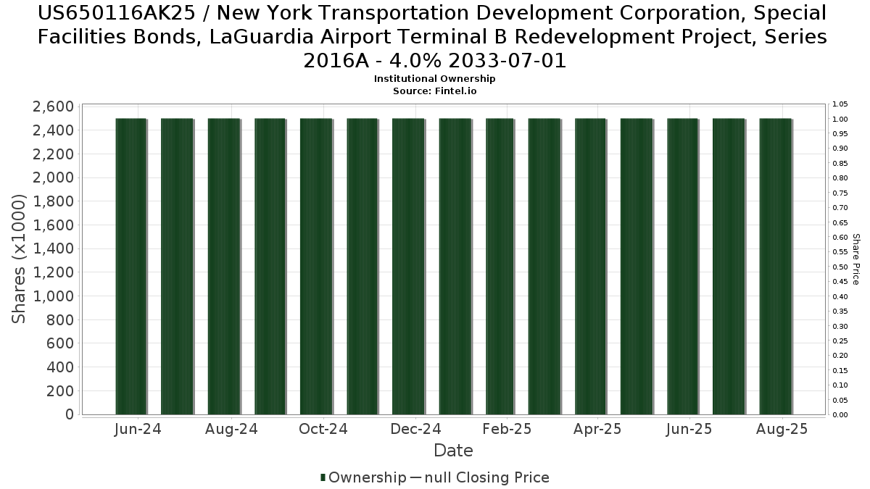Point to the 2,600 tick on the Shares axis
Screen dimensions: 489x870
point(53,106)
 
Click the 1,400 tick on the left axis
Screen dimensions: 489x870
point(53,248)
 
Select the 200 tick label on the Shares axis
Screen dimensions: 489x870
point(59,390)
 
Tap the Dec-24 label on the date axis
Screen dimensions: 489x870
point(415,429)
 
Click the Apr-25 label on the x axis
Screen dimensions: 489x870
point(597,429)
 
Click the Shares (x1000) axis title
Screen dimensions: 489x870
point(20,259)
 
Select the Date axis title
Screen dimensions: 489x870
point(453,451)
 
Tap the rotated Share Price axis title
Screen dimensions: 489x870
point(855,259)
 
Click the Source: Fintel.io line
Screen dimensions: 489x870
point(434,91)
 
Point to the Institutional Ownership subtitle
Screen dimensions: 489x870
point(434,78)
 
